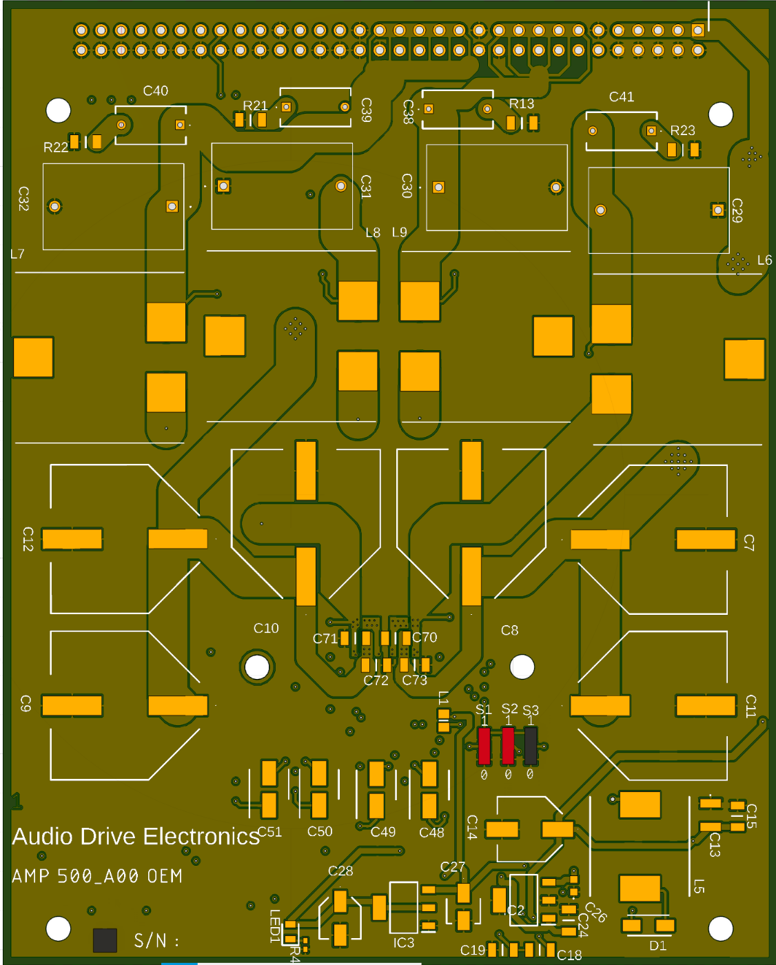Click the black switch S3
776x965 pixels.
pos(530,746)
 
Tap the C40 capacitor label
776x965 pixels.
pos(156,91)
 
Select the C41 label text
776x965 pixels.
pos(622,97)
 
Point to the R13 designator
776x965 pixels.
pos(522,104)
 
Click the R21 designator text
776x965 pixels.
pos(255,105)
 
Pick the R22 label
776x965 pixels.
pos(56,148)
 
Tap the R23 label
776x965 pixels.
pos(682,130)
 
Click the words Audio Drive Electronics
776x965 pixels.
pos(136,837)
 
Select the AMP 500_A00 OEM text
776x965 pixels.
pos(97,877)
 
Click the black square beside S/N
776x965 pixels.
pos(105,940)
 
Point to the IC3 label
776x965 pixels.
pos(404,942)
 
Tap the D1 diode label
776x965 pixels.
pos(657,946)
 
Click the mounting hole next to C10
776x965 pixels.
pos(257,667)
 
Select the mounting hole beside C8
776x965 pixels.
pos(522,667)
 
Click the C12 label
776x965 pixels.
pos(28,539)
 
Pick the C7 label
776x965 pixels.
pos(749,542)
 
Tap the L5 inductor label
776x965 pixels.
pos(699,886)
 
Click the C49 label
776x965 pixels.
pos(383,832)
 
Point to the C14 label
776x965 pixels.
pos(472,827)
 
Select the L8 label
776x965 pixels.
pos(373,233)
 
